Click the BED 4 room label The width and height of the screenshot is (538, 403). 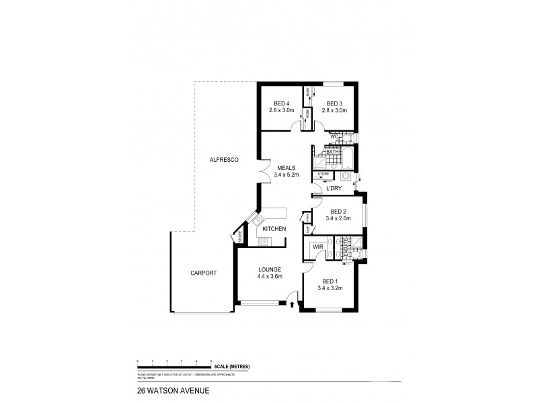[x=278, y=103]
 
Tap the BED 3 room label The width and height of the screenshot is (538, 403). [x=334, y=103]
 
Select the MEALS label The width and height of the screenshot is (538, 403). [x=285, y=168]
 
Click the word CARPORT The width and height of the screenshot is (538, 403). [x=202, y=273]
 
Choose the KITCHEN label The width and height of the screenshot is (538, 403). [x=274, y=229]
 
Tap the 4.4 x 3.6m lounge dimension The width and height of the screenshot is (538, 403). [x=269, y=276]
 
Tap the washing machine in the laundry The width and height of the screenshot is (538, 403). [x=344, y=176]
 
